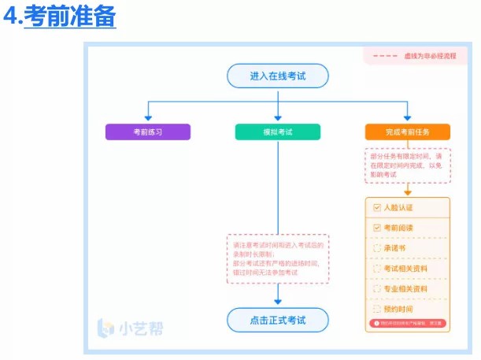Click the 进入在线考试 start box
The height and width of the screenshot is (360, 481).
(x=277, y=76)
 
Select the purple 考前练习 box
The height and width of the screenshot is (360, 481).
(x=148, y=132)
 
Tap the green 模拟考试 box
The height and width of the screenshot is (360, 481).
(x=277, y=132)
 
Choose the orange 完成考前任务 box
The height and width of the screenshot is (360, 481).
(x=407, y=132)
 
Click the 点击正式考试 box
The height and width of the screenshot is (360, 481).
(x=277, y=321)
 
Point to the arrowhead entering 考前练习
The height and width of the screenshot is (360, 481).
(x=148, y=118)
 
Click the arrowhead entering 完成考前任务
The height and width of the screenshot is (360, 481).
(x=407, y=118)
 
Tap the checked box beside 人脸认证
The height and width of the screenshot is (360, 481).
(x=377, y=208)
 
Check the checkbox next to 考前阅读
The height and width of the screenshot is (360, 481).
(x=377, y=228)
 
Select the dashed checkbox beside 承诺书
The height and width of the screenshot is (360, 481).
(x=377, y=248)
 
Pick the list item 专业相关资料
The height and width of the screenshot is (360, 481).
(x=405, y=289)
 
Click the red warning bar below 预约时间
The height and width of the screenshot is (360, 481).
(x=407, y=323)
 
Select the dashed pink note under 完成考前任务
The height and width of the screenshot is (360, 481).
(x=407, y=165)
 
